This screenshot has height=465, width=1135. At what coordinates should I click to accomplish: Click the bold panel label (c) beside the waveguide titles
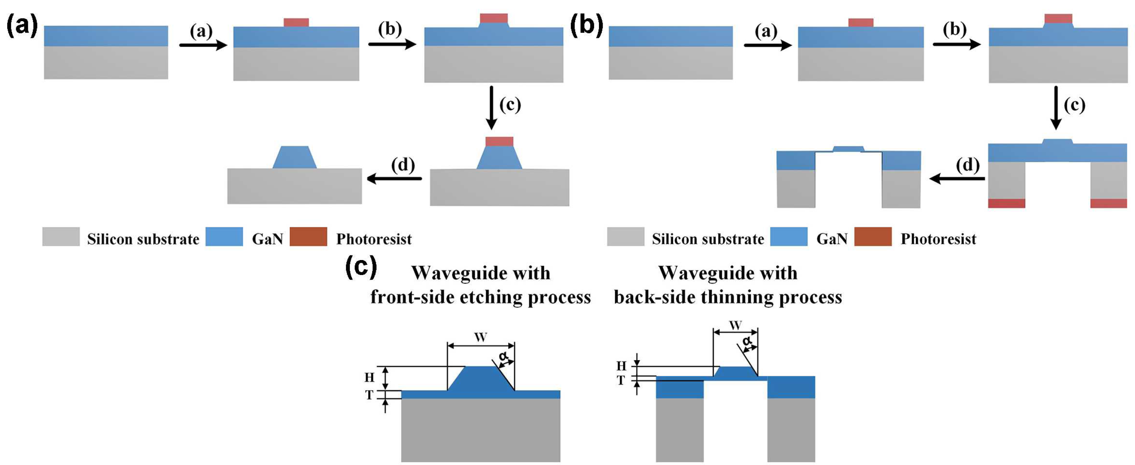pos(361,267)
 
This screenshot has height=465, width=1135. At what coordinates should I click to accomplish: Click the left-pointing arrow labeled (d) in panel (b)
pos(957,178)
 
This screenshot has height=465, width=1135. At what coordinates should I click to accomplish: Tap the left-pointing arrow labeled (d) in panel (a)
pos(394,178)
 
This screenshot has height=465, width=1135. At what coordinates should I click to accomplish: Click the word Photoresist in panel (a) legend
pos(374,239)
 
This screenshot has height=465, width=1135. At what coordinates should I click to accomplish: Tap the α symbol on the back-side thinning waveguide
pos(746,341)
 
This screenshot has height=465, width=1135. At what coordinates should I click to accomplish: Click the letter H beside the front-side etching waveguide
pos(369,377)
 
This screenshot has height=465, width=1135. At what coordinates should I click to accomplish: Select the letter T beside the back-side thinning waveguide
pos(621,381)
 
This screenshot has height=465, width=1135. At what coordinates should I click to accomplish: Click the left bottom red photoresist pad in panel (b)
pos(1006,203)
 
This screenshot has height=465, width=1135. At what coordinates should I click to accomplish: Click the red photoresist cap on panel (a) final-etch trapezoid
pos(499,141)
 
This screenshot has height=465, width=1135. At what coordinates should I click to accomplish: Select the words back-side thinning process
pos(728,297)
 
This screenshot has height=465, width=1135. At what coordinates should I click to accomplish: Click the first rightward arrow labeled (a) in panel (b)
pos(768,45)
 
